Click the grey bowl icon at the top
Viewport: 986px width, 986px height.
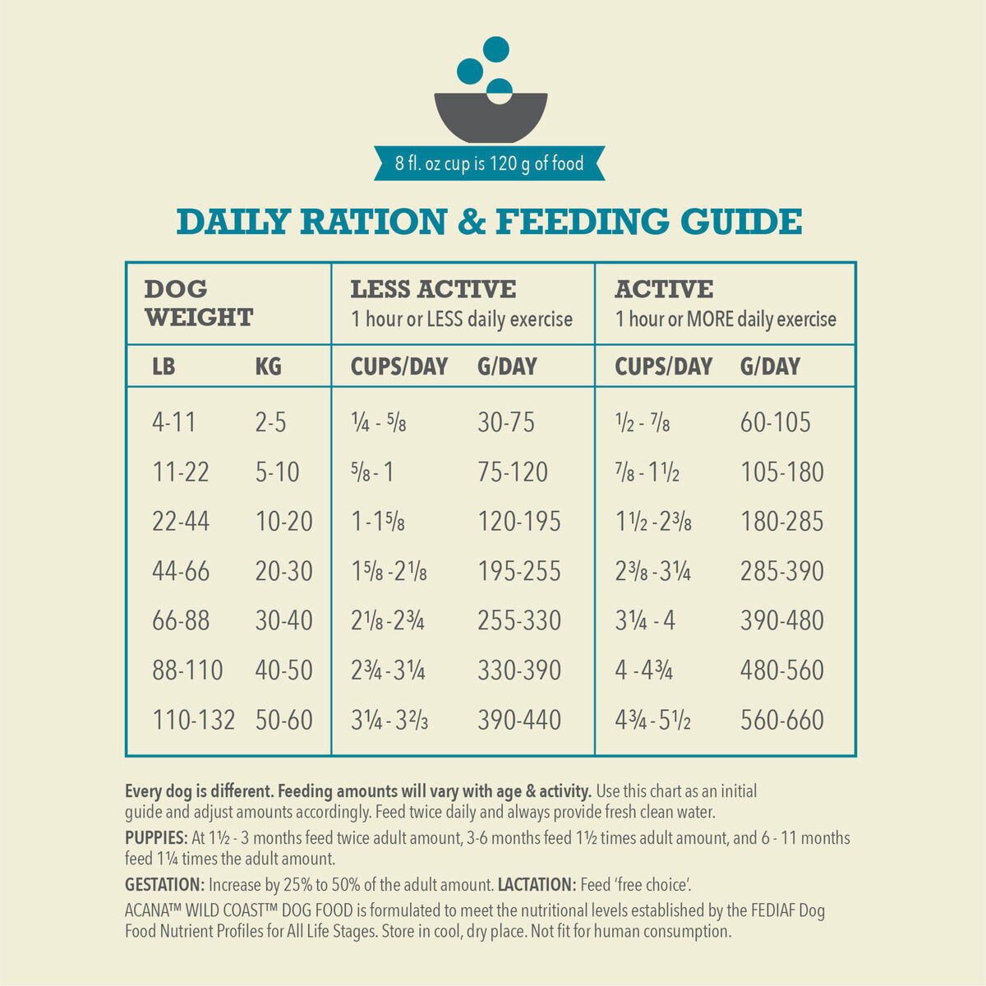point(490,117)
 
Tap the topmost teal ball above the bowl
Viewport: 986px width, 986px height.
point(495,49)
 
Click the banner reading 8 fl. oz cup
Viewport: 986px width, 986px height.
point(490,164)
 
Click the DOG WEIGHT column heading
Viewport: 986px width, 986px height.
point(198,303)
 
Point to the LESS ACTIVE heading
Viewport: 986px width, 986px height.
point(433,289)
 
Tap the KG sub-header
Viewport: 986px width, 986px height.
point(268,366)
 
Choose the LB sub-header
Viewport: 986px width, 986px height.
point(164,366)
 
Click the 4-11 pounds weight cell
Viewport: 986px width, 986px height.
point(174,422)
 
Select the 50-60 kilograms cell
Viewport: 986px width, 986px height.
point(283,720)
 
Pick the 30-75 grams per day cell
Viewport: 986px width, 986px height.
point(505,422)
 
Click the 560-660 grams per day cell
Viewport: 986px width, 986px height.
point(781,720)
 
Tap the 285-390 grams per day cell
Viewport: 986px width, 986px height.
point(781,571)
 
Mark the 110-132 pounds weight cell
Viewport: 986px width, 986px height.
point(193,720)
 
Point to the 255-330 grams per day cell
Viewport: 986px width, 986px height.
point(519,620)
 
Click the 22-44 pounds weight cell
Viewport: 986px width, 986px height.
point(181,522)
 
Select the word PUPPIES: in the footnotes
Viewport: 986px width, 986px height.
point(156,839)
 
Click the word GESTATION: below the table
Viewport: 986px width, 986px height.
point(164,885)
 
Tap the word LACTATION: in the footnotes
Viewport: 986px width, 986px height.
point(537,885)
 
